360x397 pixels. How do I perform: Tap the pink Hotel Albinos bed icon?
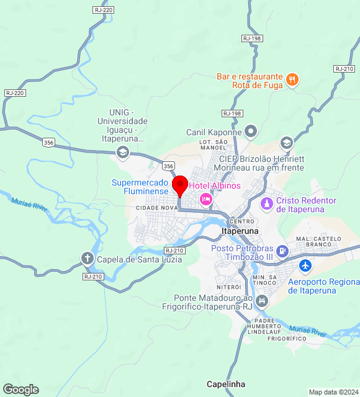(x=205, y=200)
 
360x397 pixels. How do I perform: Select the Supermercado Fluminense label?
(x=140, y=187)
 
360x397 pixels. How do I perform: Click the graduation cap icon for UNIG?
(x=123, y=152)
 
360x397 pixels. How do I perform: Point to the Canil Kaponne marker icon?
(x=251, y=131)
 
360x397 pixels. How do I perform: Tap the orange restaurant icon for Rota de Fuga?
(x=292, y=79)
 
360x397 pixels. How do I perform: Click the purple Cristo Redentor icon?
(x=266, y=203)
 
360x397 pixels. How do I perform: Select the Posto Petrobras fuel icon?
(x=282, y=251)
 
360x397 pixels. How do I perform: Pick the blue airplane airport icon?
(x=305, y=265)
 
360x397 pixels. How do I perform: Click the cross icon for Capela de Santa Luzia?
(x=88, y=258)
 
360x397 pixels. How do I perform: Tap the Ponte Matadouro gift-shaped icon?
(x=262, y=301)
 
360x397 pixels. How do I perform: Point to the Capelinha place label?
(x=226, y=383)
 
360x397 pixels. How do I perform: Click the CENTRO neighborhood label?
(x=241, y=221)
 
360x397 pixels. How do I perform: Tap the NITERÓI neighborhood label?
(x=228, y=287)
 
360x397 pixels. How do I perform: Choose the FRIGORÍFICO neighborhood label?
(x=287, y=339)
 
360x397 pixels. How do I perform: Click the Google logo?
(x=20, y=390)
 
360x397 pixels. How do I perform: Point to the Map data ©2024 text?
(x=333, y=392)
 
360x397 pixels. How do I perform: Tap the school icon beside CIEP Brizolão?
(x=286, y=143)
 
